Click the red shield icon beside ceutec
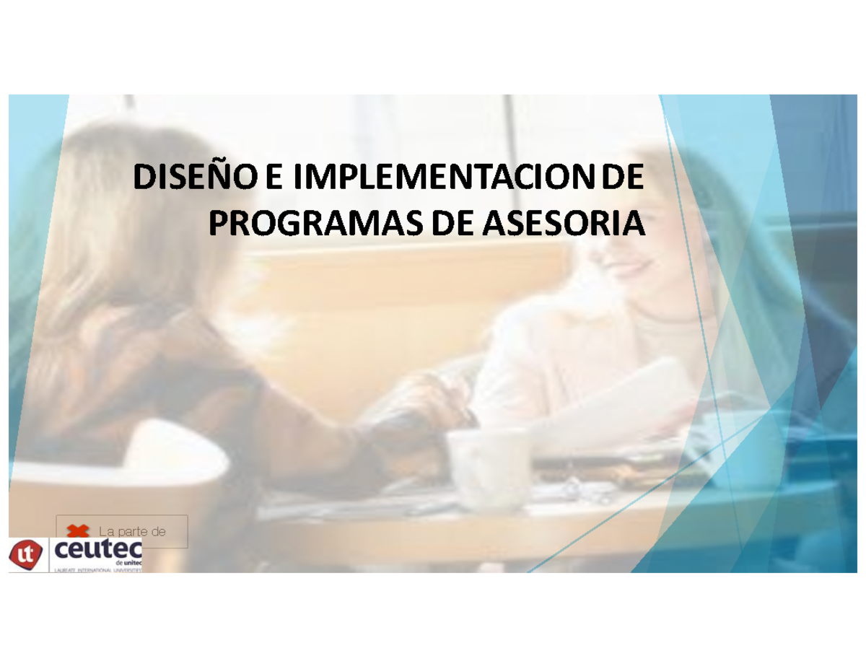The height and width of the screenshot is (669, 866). [27, 554]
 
